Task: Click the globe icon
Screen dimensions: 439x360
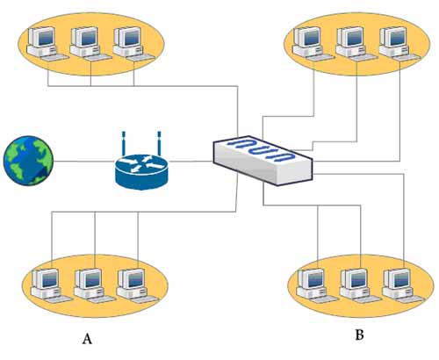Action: pyautogui.click(x=28, y=161)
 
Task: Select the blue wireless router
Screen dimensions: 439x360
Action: pyautogui.click(x=141, y=169)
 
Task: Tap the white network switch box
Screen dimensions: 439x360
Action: pyautogui.click(x=263, y=160)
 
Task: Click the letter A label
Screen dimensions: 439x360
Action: pyautogui.click(x=87, y=339)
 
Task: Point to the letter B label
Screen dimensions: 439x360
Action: pyautogui.click(x=359, y=335)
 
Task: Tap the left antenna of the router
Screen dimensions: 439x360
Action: pyautogui.click(x=124, y=143)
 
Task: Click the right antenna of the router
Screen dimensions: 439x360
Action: pyautogui.click(x=159, y=143)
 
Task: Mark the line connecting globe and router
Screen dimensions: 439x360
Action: pyautogui.click(x=84, y=161)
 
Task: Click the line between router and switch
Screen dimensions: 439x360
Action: pyautogui.click(x=191, y=162)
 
